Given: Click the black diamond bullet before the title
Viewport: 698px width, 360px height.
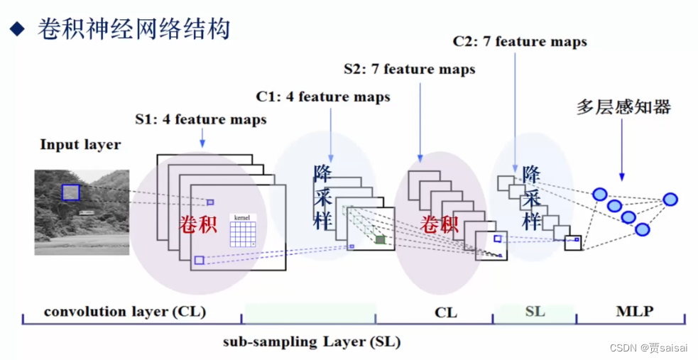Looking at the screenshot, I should [18, 30].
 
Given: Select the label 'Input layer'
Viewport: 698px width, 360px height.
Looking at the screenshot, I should [80, 145].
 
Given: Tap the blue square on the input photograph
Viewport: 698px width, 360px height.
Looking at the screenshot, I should [70, 192].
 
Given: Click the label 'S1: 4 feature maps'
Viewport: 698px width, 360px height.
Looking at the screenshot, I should [201, 119].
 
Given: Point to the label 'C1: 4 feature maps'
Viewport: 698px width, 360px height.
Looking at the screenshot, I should [323, 97].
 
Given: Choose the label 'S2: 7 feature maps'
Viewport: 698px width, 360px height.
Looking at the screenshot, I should [410, 69].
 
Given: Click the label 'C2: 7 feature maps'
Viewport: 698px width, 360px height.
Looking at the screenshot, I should [520, 41].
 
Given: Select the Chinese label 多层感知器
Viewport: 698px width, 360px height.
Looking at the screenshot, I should [623, 107].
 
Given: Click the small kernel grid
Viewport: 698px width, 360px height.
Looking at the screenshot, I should [242, 231].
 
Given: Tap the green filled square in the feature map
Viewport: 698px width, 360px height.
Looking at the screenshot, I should [381, 240].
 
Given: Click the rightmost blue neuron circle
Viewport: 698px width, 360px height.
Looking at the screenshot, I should [670, 200].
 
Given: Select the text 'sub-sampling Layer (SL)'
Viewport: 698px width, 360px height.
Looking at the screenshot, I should [312, 342].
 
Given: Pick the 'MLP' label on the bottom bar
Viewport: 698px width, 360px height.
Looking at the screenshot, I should [635, 312].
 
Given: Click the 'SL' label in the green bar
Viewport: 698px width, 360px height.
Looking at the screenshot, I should [535, 312].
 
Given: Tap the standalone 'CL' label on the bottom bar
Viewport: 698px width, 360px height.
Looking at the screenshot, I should [446, 312].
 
